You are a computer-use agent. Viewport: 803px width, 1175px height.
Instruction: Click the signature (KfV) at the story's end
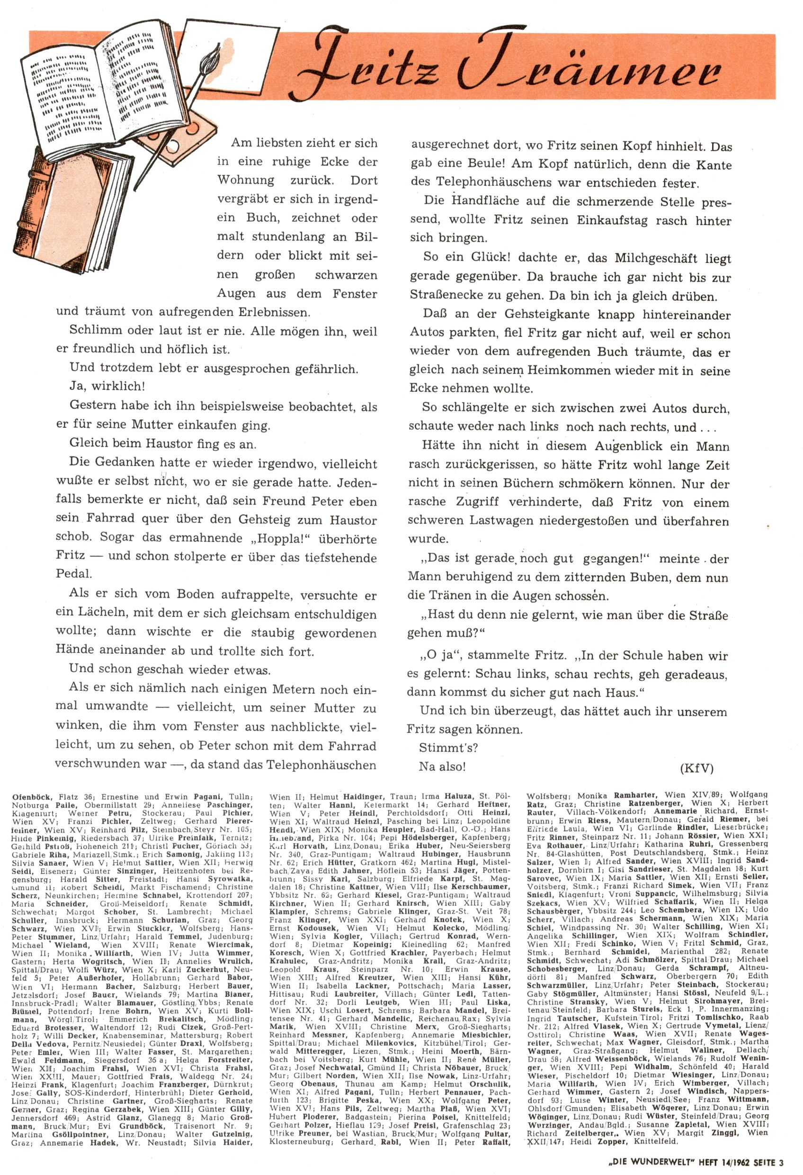pos(696,768)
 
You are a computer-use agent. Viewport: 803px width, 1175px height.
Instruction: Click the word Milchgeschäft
pos(654,258)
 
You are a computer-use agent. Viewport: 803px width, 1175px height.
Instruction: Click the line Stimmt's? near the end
pos(448,747)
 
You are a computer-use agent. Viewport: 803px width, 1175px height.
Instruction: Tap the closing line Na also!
pos(442,767)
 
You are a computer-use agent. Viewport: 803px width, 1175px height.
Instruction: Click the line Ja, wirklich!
pos(107,387)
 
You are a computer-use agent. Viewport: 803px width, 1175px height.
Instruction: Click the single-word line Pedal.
pos(74,574)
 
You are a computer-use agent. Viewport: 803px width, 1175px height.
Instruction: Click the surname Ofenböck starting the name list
pos(30,797)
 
